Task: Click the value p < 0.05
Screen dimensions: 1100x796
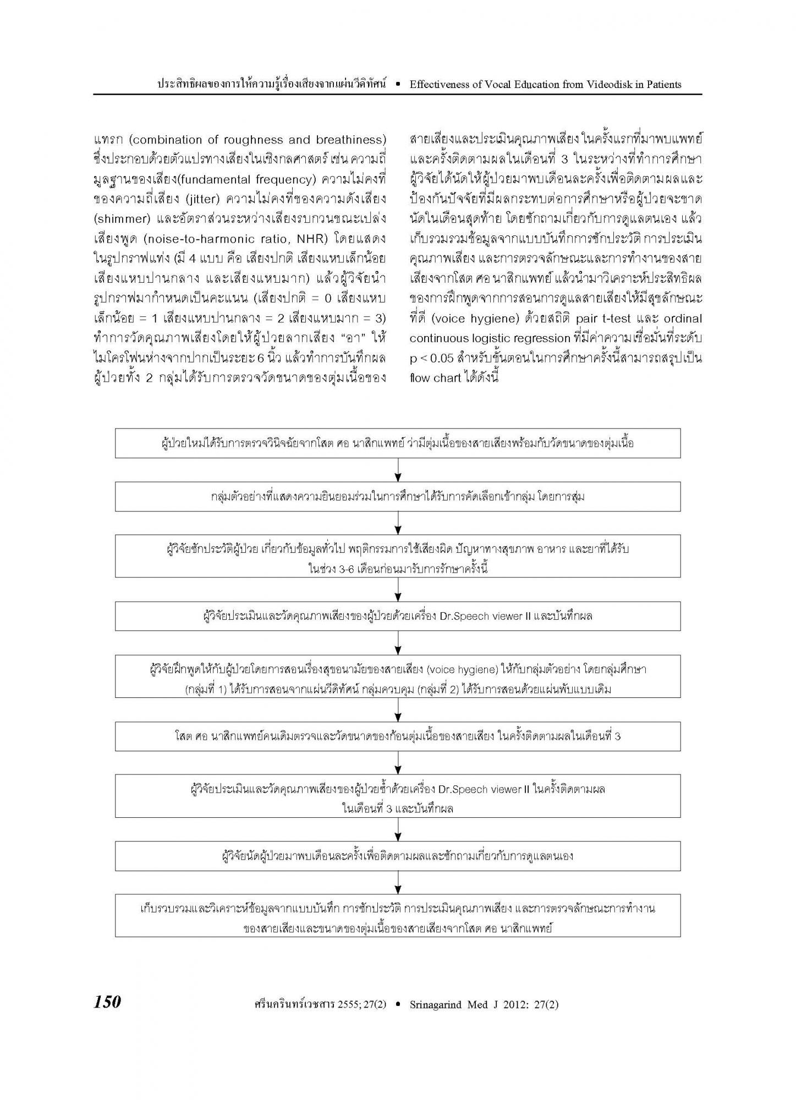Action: click(x=432, y=358)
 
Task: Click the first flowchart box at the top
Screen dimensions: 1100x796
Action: click(x=397, y=443)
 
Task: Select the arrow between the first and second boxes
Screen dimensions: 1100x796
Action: click(x=398, y=470)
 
